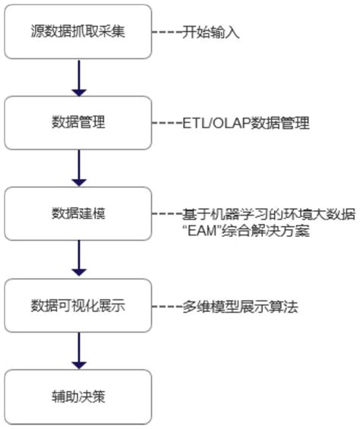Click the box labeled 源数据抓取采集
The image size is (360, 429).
(77, 33)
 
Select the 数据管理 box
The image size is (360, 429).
(77, 122)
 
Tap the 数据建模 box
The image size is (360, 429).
(77, 213)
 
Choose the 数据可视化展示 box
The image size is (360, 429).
(77, 306)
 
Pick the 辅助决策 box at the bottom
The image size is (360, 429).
(77, 397)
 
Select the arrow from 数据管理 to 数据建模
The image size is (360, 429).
(77, 168)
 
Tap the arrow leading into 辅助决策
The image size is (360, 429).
(77, 352)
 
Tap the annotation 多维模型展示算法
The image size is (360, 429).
(239, 307)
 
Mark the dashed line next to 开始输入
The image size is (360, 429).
(166, 33)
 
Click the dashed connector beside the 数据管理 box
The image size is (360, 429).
(166, 123)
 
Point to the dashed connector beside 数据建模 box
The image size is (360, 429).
(166, 215)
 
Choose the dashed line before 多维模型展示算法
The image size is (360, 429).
(166, 307)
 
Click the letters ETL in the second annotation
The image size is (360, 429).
(192, 123)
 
